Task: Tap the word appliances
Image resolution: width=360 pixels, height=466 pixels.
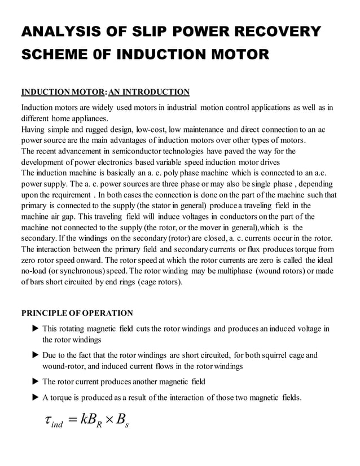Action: tap(87, 118)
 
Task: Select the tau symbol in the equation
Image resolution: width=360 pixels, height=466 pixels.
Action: tap(49, 421)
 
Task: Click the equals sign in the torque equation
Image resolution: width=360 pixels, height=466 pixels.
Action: tap(71, 421)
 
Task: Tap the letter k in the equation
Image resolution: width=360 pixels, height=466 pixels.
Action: tap(85, 420)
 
